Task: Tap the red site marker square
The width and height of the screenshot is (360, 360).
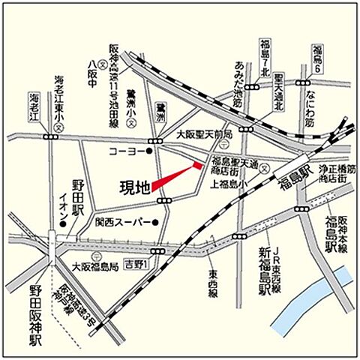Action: pos(198,164)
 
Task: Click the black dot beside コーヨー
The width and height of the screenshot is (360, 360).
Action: pos(150,151)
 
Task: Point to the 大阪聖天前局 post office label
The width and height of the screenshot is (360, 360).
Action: pos(204,133)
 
